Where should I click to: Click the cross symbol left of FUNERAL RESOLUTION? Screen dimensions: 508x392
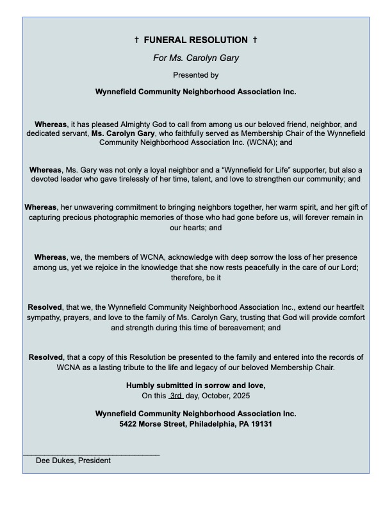[x=137, y=40]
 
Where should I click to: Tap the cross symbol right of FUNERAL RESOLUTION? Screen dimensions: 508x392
[x=255, y=40]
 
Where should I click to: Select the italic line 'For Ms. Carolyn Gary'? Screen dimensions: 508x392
[x=196, y=58]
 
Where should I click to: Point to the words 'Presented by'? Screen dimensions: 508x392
[x=196, y=75]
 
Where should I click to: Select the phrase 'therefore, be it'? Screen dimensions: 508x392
[x=196, y=277]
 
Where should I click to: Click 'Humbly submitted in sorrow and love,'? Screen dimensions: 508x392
[x=196, y=385]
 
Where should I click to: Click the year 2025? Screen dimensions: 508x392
[x=240, y=396]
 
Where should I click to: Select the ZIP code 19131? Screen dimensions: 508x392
[x=259, y=424]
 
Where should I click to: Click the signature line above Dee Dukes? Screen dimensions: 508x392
[x=91, y=455]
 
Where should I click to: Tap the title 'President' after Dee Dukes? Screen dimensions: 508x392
[x=94, y=461]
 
